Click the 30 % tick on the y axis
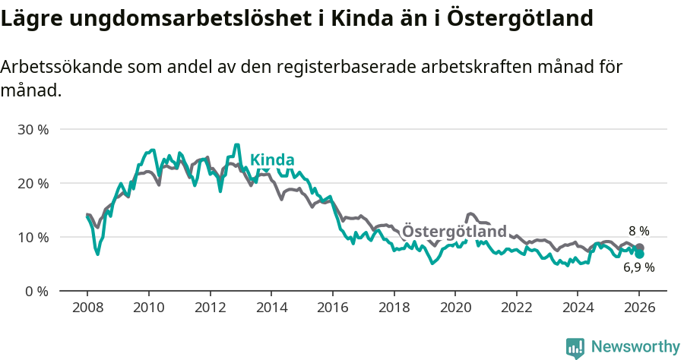(x=32, y=129)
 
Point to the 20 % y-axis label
(x=32, y=183)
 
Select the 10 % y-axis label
(x=32, y=237)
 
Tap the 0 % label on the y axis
(x=36, y=291)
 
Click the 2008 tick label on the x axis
(x=87, y=309)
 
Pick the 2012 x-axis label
(x=210, y=309)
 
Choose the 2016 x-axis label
(x=332, y=309)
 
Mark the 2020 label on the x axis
(x=454, y=309)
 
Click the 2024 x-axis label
(x=577, y=309)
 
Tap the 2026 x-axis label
(x=639, y=309)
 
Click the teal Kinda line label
(x=272, y=160)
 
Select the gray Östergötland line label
(x=454, y=231)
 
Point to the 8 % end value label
(x=638, y=231)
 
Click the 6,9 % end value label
(x=638, y=267)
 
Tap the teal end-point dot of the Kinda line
(x=639, y=254)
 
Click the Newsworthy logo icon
(x=575, y=348)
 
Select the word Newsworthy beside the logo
(x=635, y=347)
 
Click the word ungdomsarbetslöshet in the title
(x=188, y=18)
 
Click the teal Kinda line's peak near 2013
(x=237, y=145)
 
